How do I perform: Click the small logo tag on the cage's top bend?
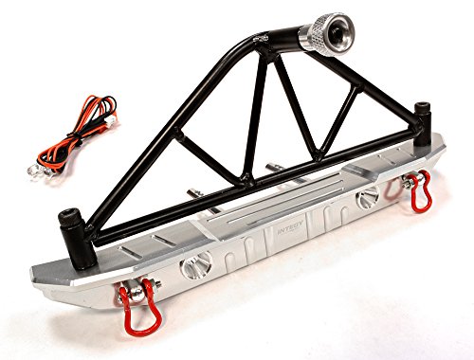coord(262,42)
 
